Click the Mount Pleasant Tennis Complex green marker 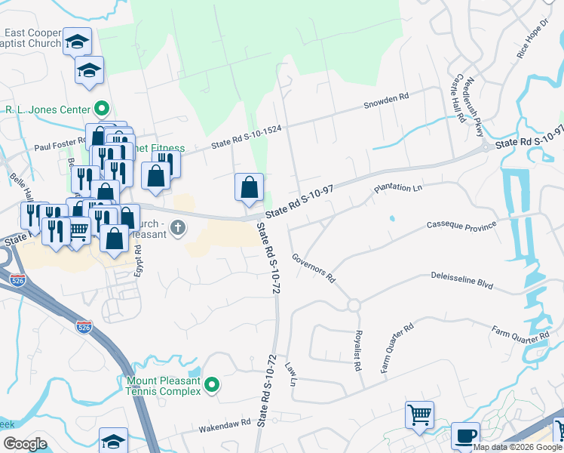coord(212,385)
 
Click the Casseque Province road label coord(461,225)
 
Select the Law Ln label coord(290,372)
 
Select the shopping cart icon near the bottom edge coord(419,414)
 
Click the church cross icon coord(178,227)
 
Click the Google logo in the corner coord(25,444)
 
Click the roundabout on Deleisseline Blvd coord(353,305)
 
